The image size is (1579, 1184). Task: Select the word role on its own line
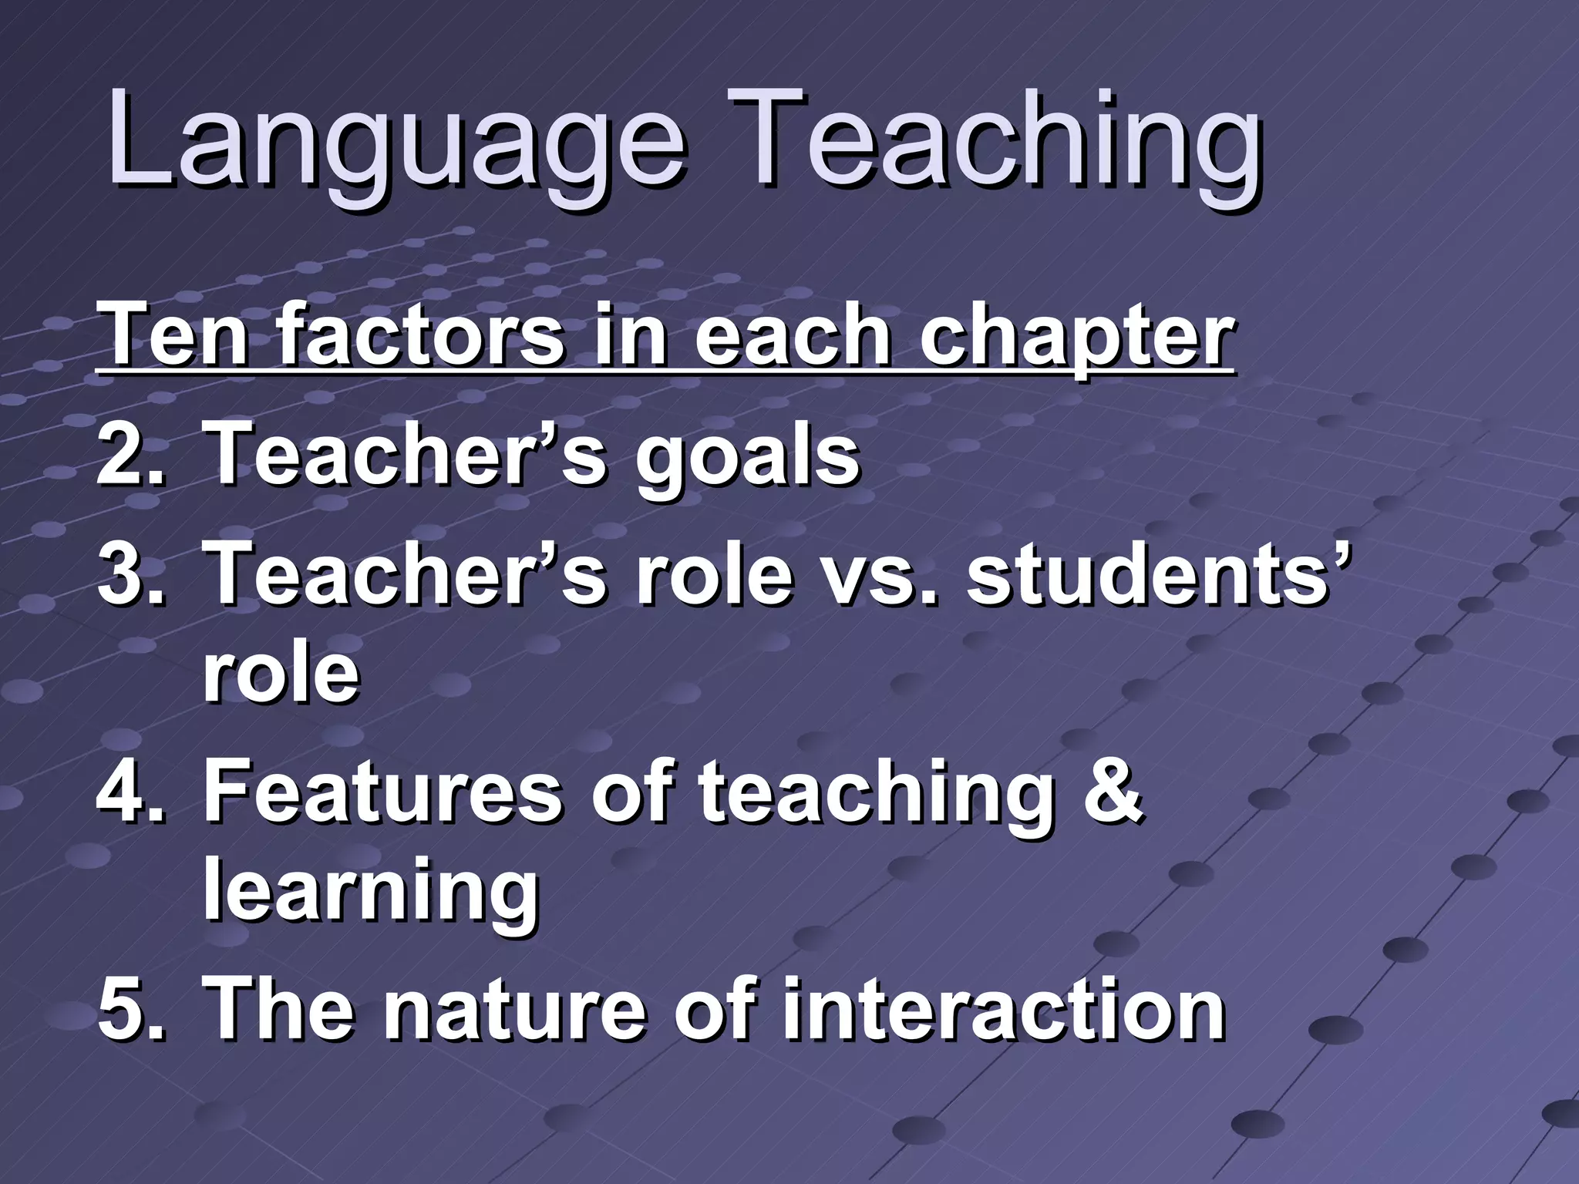[281, 674]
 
